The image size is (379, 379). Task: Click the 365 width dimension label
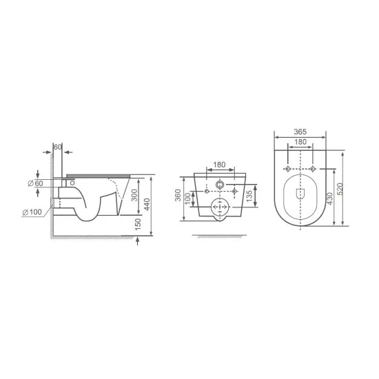(x=300, y=132)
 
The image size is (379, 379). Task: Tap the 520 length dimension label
(x=340, y=189)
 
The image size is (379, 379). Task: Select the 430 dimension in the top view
(x=329, y=198)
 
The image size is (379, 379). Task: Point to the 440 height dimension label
(x=147, y=205)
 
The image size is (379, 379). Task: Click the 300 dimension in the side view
(x=134, y=195)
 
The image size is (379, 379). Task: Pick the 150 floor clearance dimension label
(x=138, y=224)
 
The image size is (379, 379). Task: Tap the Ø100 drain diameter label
(x=32, y=212)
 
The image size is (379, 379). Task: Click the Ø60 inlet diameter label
(x=36, y=183)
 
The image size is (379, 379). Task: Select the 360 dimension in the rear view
(x=178, y=195)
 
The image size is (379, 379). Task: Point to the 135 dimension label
(x=249, y=196)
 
